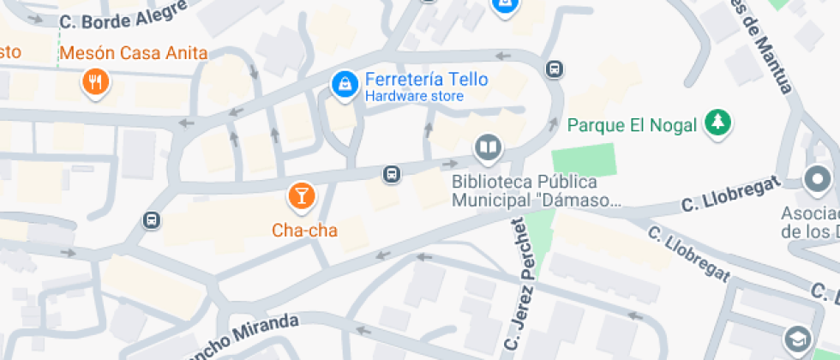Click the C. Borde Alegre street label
(124, 16)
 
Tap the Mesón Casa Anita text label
(134, 53)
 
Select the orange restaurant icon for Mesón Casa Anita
(94, 82)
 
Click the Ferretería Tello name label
(426, 80)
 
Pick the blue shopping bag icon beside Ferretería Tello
(345, 84)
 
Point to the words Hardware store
(414, 97)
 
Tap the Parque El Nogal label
(632, 125)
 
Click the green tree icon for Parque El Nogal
(717, 123)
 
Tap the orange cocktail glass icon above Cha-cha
(301, 195)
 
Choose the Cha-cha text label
(304, 231)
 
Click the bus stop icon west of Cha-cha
(152, 219)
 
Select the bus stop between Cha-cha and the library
(391, 174)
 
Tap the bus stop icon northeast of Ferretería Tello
(555, 69)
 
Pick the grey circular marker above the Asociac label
(817, 180)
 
